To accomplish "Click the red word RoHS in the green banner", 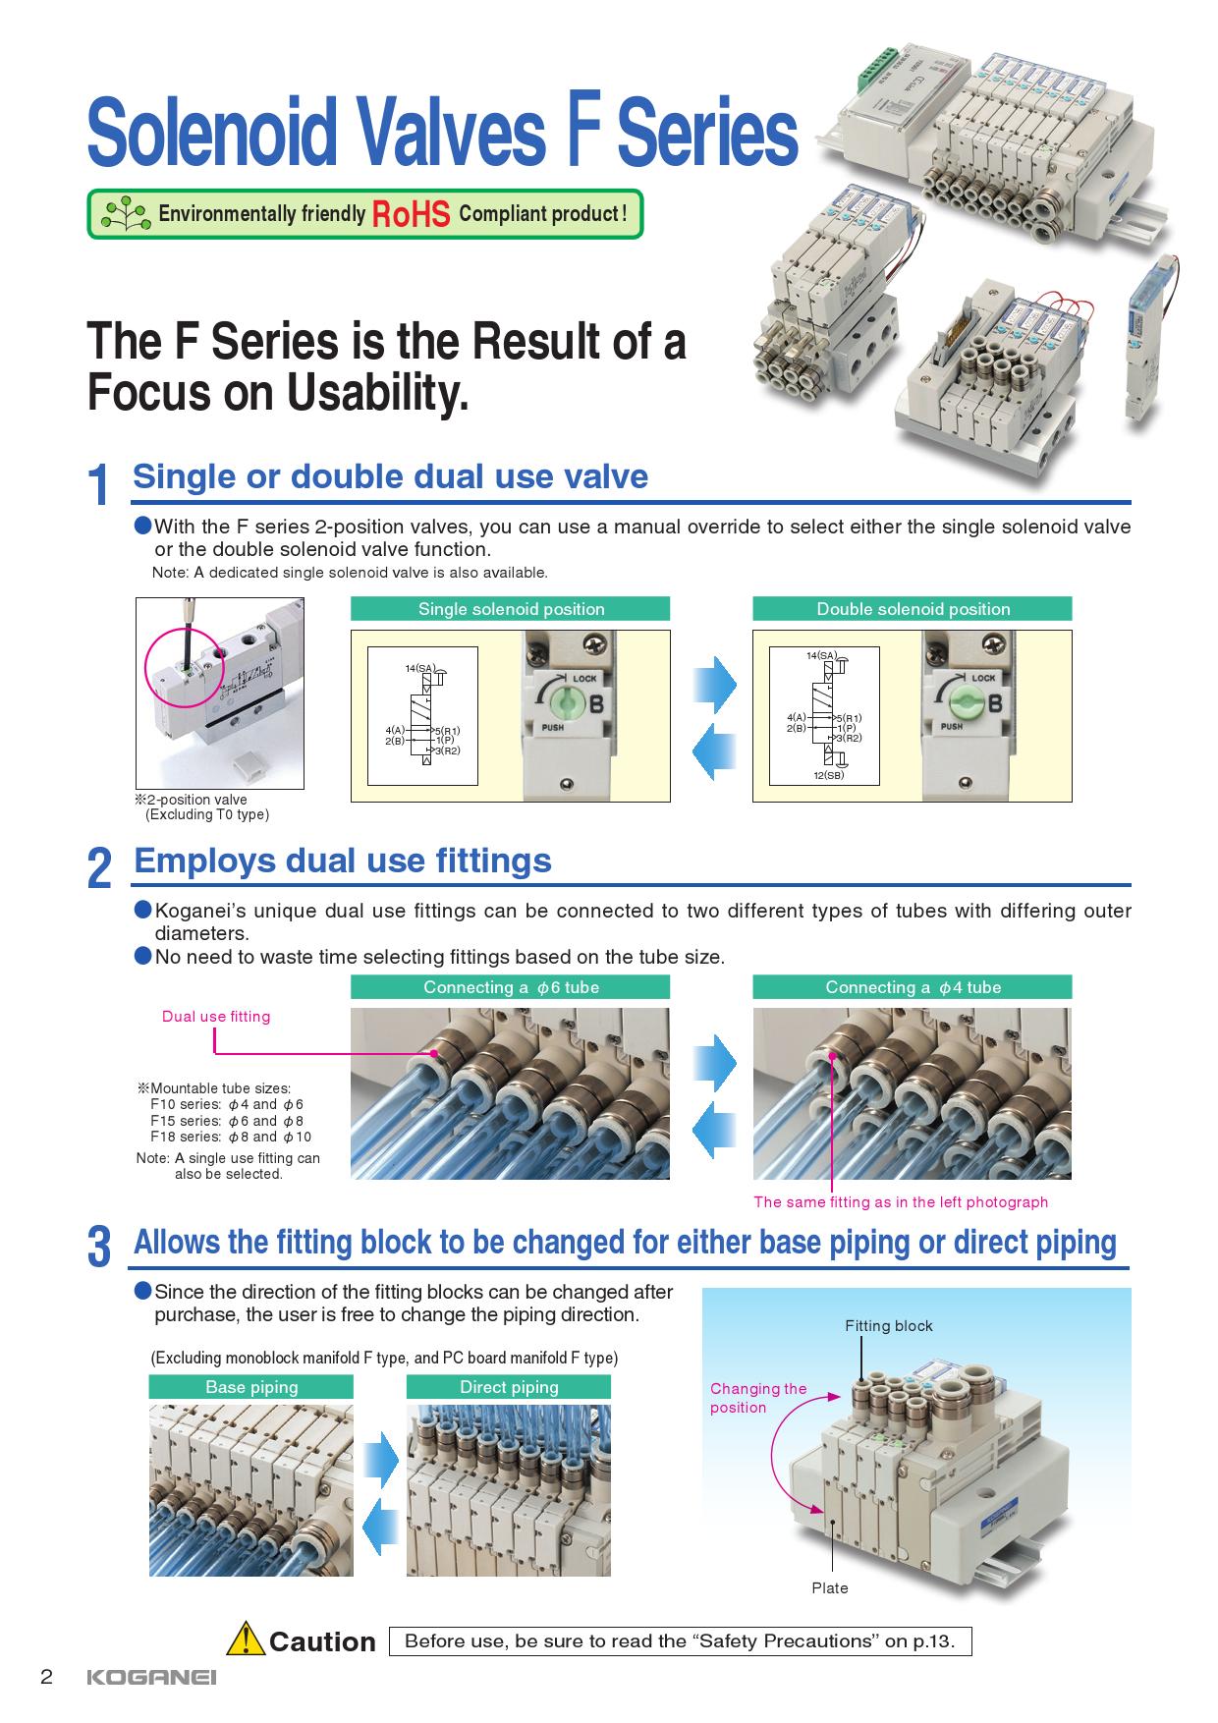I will (411, 214).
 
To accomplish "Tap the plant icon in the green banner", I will (126, 213).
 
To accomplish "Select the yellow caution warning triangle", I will (246, 1640).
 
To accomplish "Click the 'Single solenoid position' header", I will (511, 609).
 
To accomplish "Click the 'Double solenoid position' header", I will (913, 609).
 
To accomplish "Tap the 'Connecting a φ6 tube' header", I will (511, 987).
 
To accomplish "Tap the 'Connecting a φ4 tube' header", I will (913, 987).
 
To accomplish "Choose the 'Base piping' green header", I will (251, 1387).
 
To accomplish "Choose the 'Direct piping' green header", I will (509, 1387).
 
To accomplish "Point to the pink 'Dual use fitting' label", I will (216, 1017).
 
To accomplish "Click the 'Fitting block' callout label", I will (889, 1326).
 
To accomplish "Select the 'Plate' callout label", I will (830, 1588).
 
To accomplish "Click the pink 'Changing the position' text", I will (757, 1398).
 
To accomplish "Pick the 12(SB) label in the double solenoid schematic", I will (828, 776).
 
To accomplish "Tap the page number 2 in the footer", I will (46, 1677).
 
